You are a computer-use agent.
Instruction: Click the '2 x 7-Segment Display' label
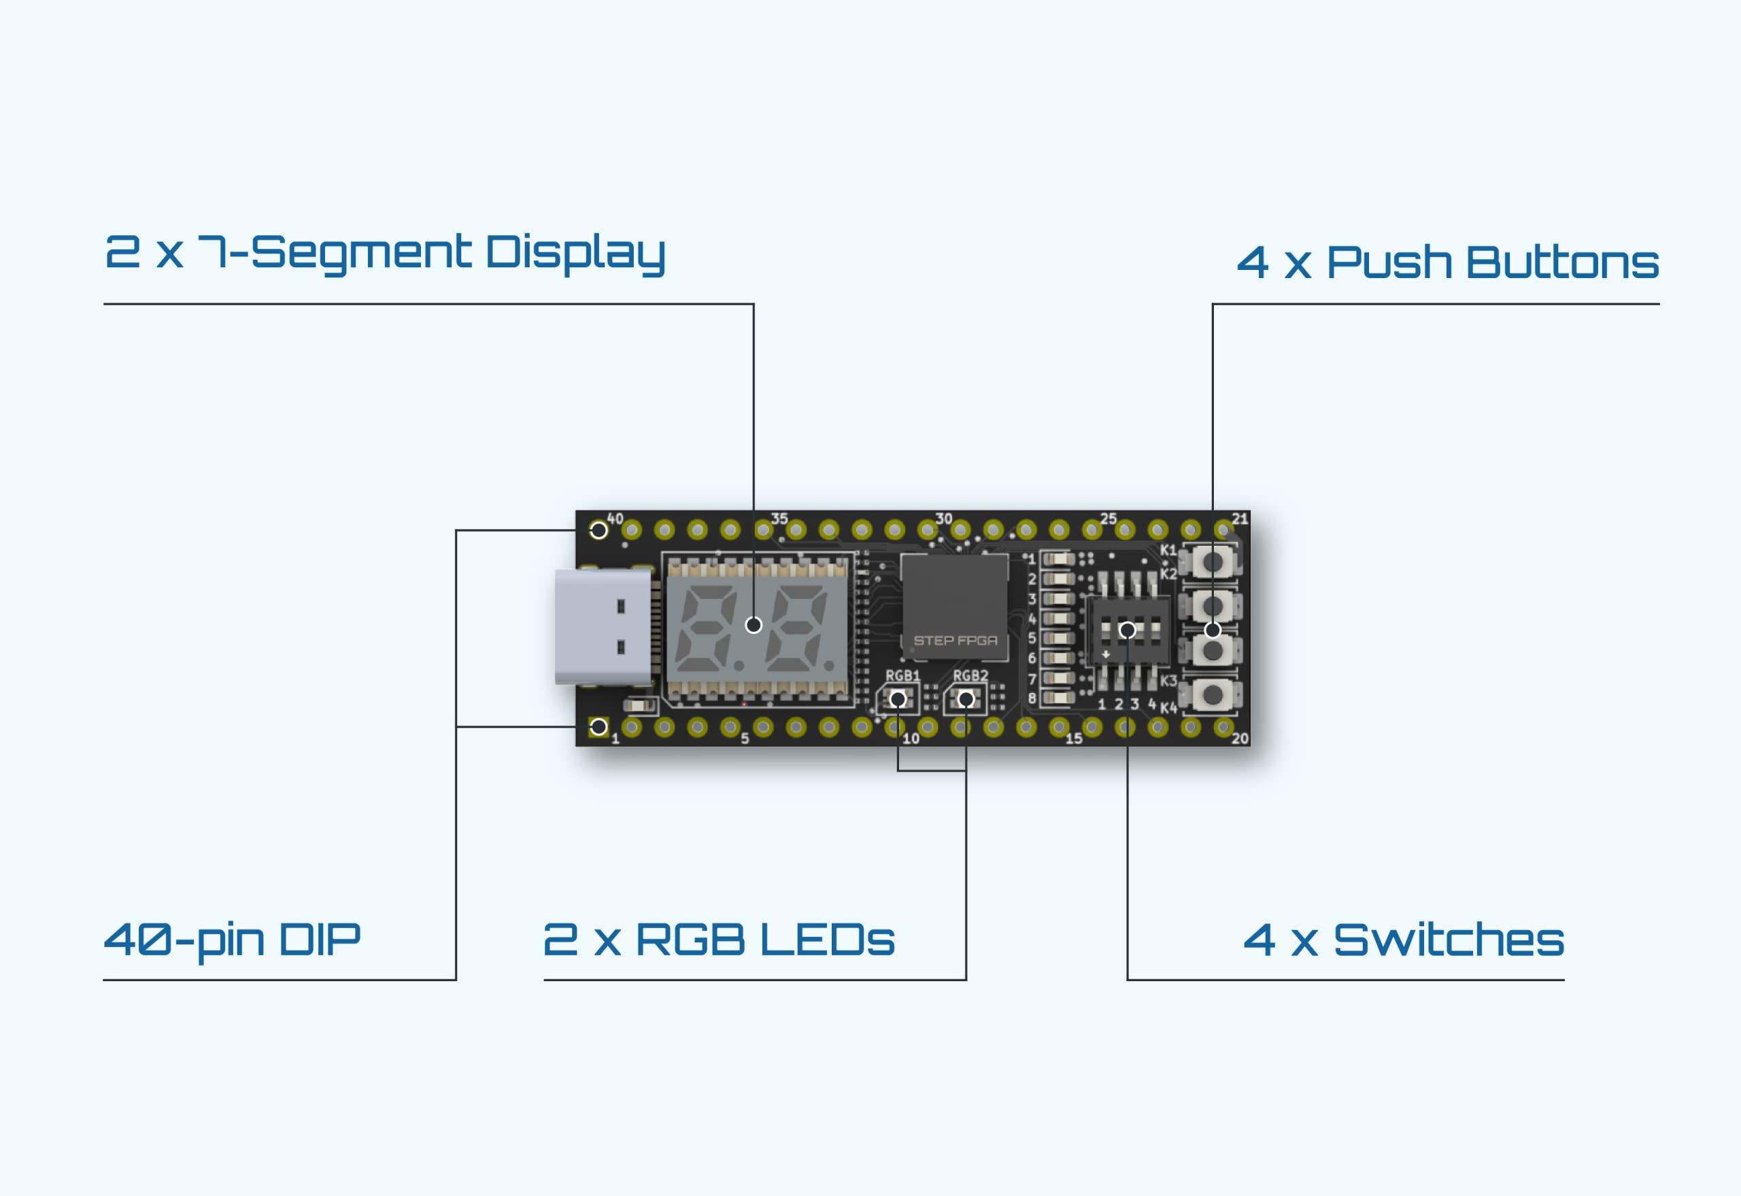tap(384, 254)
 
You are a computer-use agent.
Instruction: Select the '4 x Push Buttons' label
tap(1448, 262)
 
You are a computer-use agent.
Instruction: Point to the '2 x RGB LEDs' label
tap(719, 940)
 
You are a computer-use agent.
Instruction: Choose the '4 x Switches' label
tap(1404, 940)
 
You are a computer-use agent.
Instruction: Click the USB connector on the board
tap(604, 626)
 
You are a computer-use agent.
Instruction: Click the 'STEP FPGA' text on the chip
tap(955, 640)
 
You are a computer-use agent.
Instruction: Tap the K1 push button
tap(1211, 561)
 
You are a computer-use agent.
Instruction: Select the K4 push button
tap(1211, 695)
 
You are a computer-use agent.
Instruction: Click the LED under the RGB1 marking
tap(898, 699)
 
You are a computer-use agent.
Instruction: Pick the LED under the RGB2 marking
tap(965, 699)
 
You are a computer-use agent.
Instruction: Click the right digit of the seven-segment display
tap(796, 628)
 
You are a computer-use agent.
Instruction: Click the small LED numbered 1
tap(1058, 559)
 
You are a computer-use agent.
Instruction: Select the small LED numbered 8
tap(1058, 698)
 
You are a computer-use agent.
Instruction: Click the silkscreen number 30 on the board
tap(943, 519)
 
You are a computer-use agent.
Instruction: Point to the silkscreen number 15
tap(1074, 738)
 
